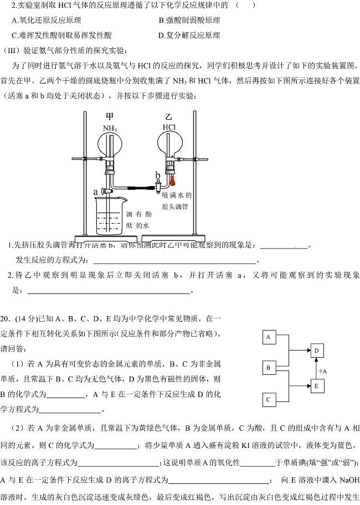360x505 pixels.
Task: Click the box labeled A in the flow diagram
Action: [269, 337]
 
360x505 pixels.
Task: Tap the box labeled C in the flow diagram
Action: [269, 399]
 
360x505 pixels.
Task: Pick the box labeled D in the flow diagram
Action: [317, 351]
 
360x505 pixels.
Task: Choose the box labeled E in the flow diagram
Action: [317, 385]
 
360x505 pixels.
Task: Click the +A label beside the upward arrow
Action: [323, 370]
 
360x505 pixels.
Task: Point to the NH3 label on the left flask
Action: [110, 128]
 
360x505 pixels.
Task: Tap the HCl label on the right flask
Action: [169, 127]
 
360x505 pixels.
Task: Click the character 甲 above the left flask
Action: [110, 117]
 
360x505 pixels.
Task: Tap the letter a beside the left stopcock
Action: [96, 192]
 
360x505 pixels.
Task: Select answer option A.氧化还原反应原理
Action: [47, 20]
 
